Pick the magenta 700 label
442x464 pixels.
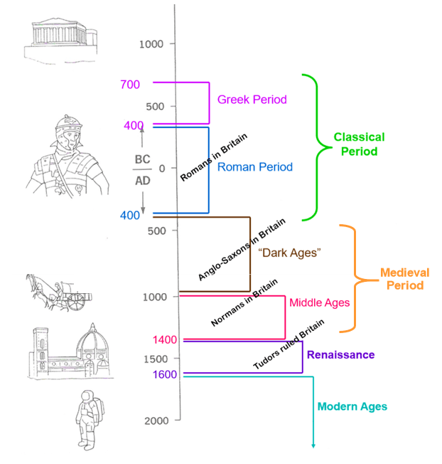[x=130, y=85]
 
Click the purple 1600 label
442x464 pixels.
[x=164, y=374]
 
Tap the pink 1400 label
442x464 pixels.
[x=165, y=340]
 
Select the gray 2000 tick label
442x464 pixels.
[x=156, y=421]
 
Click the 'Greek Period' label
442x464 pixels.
[x=252, y=100]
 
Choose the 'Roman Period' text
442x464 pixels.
[x=254, y=167]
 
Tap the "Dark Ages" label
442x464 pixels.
[x=290, y=253]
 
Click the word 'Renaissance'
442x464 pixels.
[x=340, y=354]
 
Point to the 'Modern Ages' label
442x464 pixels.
[x=352, y=406]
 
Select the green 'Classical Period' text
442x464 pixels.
[x=359, y=144]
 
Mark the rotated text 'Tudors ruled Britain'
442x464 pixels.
[x=289, y=344]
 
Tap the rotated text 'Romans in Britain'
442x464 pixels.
[x=213, y=157]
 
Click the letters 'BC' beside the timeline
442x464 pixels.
[x=143, y=156]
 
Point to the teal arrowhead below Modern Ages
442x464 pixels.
[x=313, y=445]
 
